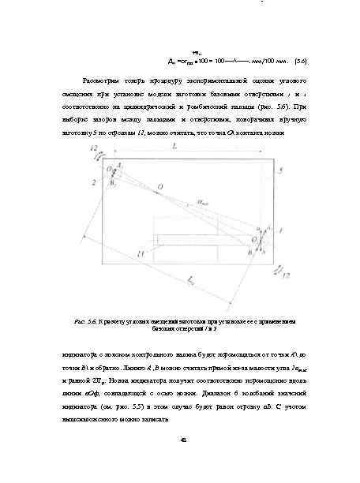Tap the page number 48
pyautogui.click(x=181, y=440)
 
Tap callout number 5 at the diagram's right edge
pyautogui.click(x=279, y=170)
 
